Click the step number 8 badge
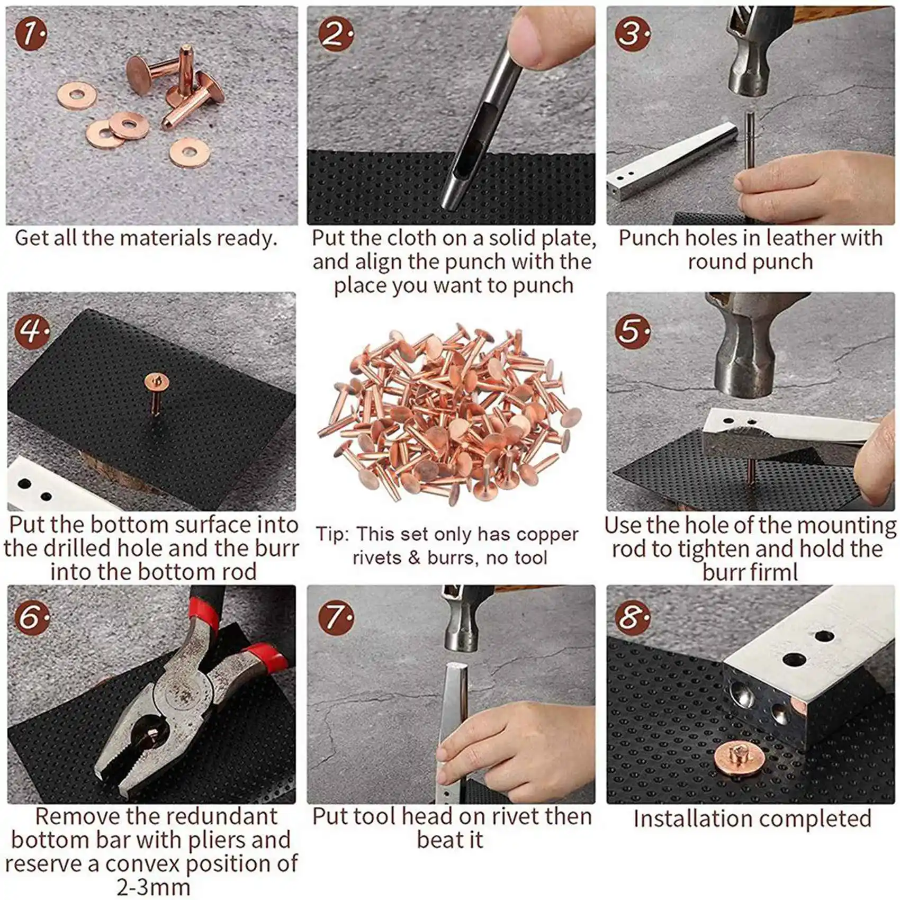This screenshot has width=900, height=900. click(x=632, y=618)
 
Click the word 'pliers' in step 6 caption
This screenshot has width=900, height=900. click(x=213, y=840)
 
